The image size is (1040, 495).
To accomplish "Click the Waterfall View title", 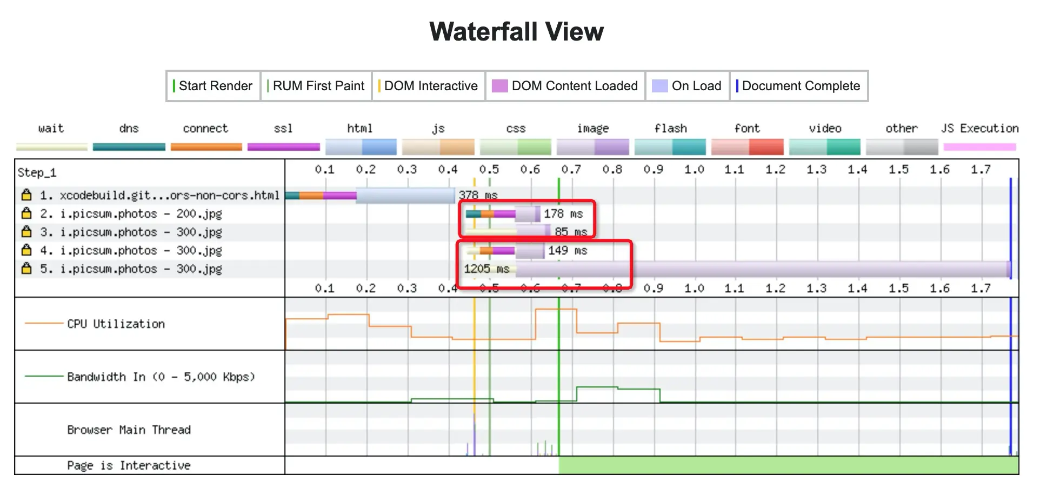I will pyautogui.click(x=516, y=32).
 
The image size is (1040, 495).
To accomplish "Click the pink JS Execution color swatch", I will pyautogui.click(x=979, y=147).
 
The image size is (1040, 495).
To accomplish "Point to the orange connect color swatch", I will pyautogui.click(x=206, y=147).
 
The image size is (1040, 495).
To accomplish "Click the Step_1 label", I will pyautogui.click(x=37, y=173).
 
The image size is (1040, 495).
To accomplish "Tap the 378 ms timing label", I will pyautogui.click(x=478, y=195).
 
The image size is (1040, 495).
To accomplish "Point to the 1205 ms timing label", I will pyautogui.click(x=486, y=269).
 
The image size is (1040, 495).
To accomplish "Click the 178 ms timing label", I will pyautogui.click(x=563, y=214).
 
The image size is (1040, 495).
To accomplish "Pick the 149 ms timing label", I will pyautogui.click(x=568, y=251).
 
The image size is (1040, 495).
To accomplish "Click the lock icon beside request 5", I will pyautogui.click(x=26, y=269).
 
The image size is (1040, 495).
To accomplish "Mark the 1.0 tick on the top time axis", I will pyautogui.click(x=694, y=170).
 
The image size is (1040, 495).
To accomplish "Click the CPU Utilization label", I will pyautogui.click(x=116, y=324).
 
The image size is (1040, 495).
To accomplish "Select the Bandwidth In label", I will pyautogui.click(x=161, y=377).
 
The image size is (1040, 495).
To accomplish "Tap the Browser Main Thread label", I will pyautogui.click(x=129, y=430).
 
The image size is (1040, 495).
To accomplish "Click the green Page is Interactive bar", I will pyautogui.click(x=788, y=465).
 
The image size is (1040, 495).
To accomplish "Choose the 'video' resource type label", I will pyautogui.click(x=825, y=129).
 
